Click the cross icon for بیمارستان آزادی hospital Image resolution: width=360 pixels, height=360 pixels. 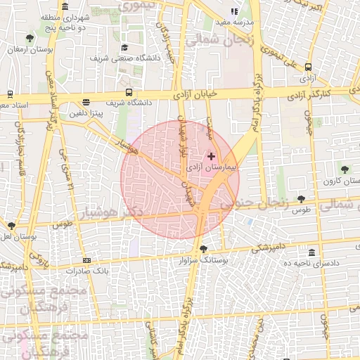click(212, 155)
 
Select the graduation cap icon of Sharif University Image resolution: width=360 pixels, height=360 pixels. click(125, 48)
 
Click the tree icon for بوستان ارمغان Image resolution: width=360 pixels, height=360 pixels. click(29, 38)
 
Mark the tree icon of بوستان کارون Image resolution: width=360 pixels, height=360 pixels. click(345, 169)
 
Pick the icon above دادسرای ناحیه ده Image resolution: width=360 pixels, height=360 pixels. click(311, 252)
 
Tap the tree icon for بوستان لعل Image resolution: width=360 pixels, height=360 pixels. click(11, 226)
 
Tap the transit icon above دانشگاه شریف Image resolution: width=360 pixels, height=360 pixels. click(129, 92)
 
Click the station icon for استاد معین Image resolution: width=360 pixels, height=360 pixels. click(10, 94)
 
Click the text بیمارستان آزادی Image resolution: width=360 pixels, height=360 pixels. click(213, 167)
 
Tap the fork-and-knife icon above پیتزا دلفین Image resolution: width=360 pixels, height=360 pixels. click(86, 102)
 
